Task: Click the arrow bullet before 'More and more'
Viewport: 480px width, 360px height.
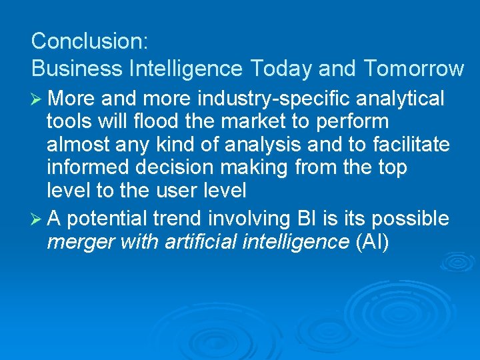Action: pyautogui.click(x=37, y=99)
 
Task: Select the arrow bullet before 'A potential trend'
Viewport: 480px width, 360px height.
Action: pyautogui.click(x=37, y=219)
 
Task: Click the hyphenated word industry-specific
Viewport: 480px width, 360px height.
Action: pyautogui.click(x=274, y=99)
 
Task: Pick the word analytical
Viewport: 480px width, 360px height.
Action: pyautogui.click(x=400, y=99)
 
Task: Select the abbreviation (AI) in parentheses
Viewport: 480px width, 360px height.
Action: pyautogui.click(x=371, y=241)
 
